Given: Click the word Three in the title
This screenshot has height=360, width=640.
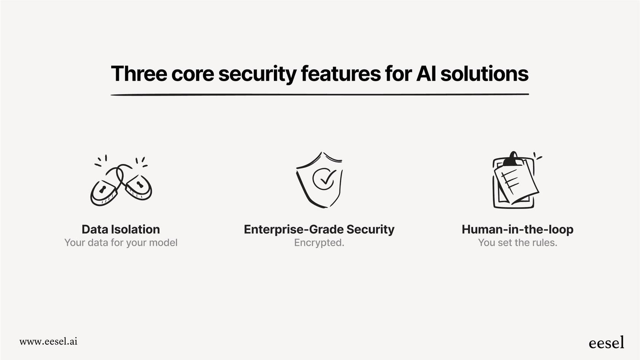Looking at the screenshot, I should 139,74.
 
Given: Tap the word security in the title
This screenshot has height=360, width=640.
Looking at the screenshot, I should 257,74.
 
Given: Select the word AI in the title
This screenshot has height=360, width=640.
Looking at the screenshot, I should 426,74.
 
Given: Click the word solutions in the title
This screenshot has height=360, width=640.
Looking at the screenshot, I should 484,74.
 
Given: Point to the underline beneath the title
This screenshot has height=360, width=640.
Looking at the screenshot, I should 320,94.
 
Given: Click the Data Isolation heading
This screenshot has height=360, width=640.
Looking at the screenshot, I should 121,229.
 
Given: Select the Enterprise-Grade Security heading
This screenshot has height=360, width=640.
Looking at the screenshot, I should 319,229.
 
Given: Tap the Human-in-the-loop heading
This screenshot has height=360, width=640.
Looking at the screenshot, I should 517,229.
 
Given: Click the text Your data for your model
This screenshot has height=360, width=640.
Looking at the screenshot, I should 121,243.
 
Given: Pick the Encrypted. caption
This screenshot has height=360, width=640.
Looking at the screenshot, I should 319,243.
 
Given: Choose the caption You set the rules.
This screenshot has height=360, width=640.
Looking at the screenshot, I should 517,243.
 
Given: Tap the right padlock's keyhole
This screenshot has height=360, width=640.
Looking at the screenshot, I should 139,185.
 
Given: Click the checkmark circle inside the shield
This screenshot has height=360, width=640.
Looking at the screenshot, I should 324,178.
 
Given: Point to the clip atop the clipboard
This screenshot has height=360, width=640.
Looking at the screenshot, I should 513,159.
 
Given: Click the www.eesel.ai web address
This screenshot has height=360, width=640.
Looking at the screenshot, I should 48,341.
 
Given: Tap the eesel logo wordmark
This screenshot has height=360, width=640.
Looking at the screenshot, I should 606,342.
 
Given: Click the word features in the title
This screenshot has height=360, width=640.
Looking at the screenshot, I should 341,74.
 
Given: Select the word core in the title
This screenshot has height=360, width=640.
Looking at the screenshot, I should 192,74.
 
